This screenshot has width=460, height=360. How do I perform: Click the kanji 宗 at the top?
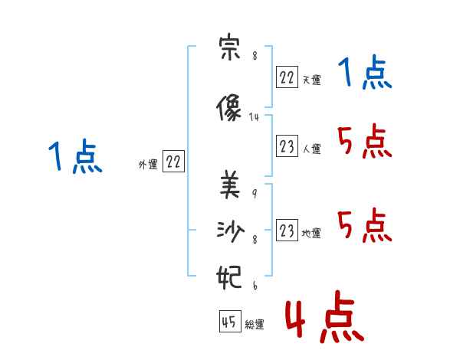tap(230, 47)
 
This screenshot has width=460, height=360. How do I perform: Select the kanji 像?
tap(228, 107)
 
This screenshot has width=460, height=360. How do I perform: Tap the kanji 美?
tap(230, 185)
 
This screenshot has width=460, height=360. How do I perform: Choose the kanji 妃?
tap(228, 277)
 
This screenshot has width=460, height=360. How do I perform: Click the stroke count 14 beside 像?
tap(254, 117)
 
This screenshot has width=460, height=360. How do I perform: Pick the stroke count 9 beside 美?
tap(255, 193)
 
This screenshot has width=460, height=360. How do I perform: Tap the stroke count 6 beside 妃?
tap(255, 286)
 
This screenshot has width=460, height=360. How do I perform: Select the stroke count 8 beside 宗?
tap(255, 56)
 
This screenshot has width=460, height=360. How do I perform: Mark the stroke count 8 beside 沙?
tap(255, 240)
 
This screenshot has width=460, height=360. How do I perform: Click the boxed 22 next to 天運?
tap(287, 77)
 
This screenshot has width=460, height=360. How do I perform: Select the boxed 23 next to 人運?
tap(287, 146)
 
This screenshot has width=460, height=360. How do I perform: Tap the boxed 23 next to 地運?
tap(287, 230)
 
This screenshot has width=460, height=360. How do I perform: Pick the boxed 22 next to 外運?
tap(173, 162)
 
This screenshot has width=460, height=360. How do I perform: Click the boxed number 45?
tap(230, 322)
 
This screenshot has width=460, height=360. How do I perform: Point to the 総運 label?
tap(255, 325)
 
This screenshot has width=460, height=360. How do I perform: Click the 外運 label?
tap(148, 165)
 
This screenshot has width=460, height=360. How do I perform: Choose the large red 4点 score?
tap(324, 316)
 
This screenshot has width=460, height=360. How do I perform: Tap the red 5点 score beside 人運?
tap(365, 141)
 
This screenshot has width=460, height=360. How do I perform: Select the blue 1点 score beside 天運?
tap(365, 72)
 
